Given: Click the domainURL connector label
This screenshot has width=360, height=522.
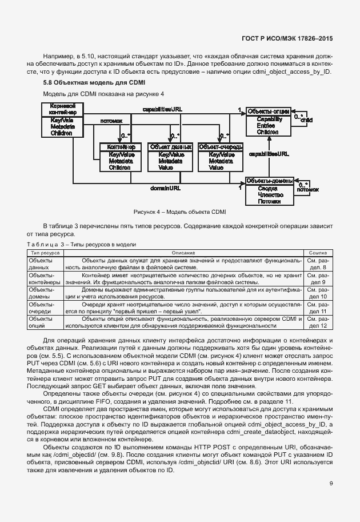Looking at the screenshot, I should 166,188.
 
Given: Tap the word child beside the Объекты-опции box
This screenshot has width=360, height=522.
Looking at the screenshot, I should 306,121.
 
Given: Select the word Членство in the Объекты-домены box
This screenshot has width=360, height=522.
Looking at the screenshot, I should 268,194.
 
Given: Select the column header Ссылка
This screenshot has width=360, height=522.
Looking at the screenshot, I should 318,252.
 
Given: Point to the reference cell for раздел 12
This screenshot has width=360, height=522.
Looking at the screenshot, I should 318,322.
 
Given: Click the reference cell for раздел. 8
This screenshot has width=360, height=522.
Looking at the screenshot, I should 318,264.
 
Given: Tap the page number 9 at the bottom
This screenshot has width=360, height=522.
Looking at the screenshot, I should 330,484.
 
